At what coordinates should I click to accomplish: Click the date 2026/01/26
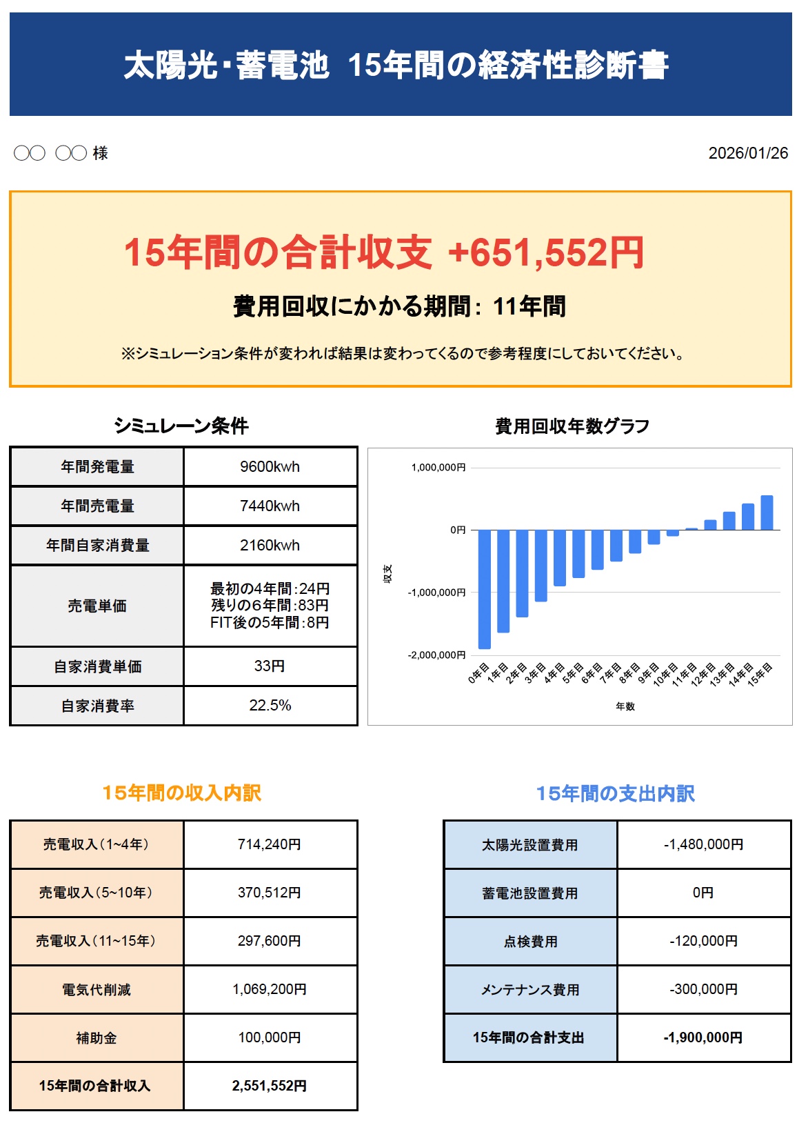coord(747,153)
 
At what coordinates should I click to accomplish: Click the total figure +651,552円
coord(545,252)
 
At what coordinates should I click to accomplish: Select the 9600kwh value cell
coord(270,467)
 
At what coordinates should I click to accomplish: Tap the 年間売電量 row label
coord(97,506)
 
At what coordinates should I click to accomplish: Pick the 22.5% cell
coord(270,706)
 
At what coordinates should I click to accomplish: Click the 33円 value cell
coord(270,666)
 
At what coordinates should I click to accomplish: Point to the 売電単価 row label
coord(97,606)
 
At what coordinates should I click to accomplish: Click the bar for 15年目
coord(767,513)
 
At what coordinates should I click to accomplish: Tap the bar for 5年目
coord(578,553)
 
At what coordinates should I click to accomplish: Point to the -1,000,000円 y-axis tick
coord(436,593)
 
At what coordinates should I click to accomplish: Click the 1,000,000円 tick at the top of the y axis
coord(438,468)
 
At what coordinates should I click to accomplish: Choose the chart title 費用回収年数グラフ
coord(572,426)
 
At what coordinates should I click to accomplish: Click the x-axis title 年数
coord(625,706)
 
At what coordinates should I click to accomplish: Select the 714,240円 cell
coord(270,844)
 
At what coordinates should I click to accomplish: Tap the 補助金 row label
coord(97,1038)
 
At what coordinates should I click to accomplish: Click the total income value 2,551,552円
coord(270,1086)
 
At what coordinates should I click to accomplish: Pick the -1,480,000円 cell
coord(703,845)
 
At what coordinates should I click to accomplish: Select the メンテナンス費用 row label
coord(530,990)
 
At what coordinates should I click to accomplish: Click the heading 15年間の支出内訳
coord(615,794)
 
